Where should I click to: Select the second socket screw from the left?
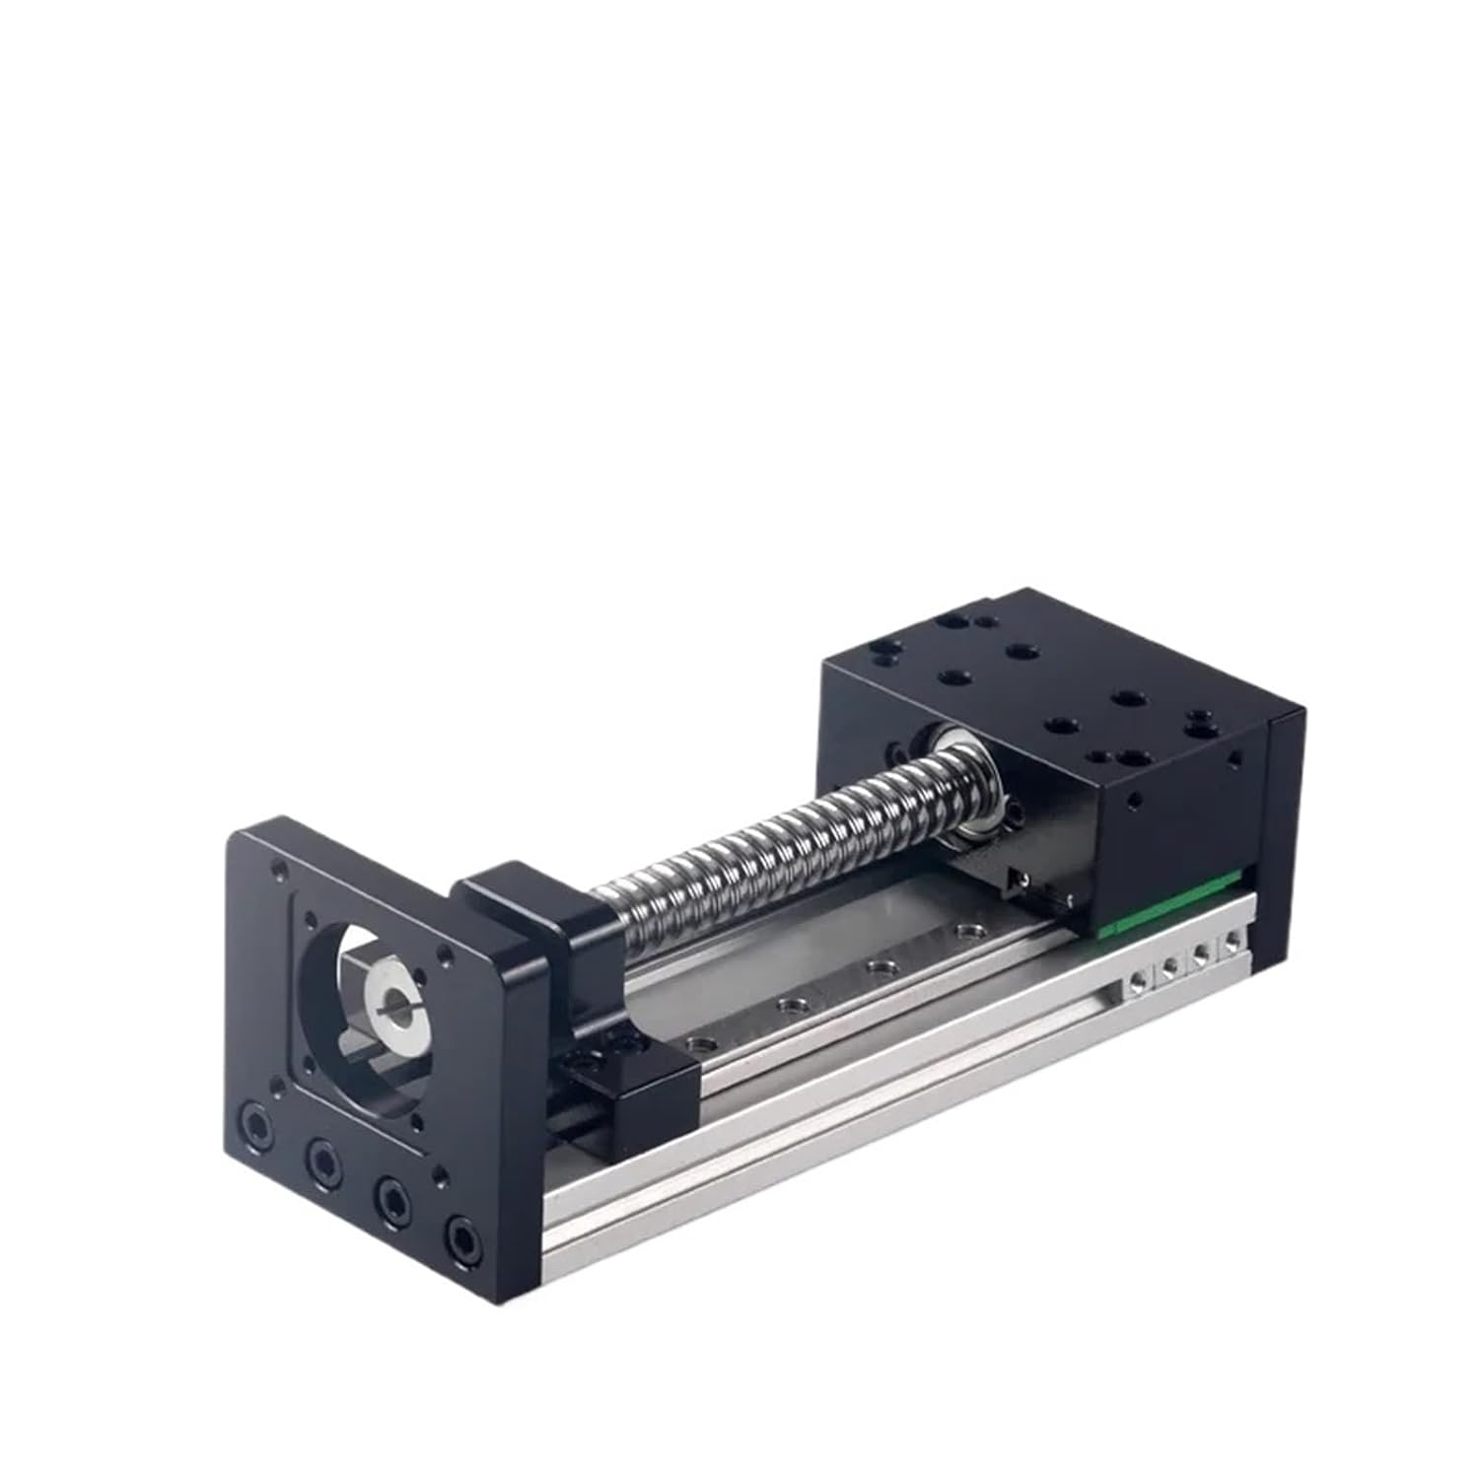coord(323,1156)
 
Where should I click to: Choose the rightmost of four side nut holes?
coord(1232,944)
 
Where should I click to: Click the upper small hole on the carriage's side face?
coord(1232,760)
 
